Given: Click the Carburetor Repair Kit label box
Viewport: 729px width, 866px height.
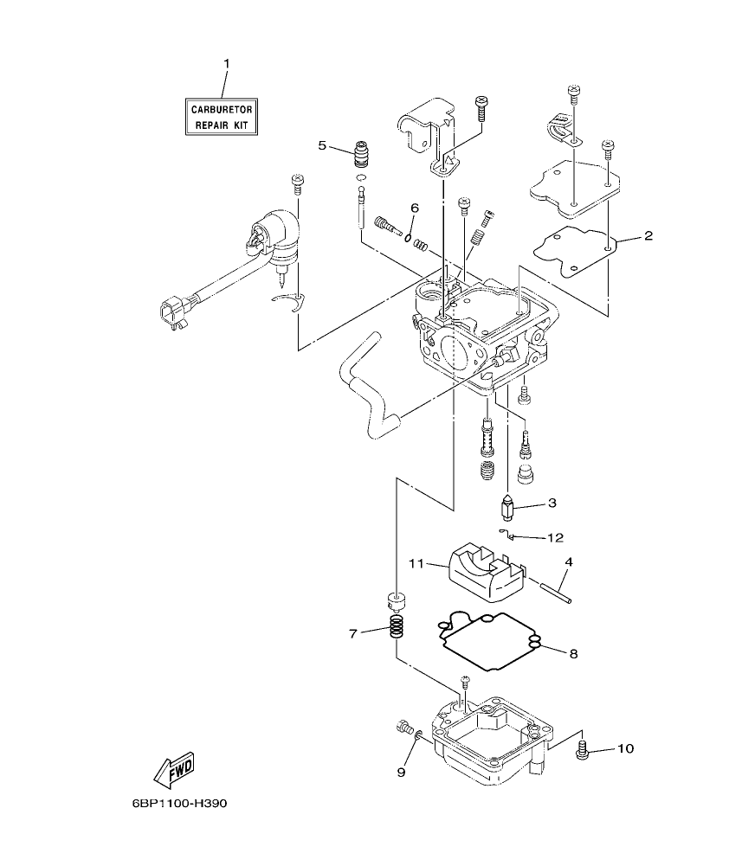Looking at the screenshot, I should click(x=223, y=117).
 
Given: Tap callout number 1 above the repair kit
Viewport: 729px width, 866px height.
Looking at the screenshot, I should click(x=226, y=63).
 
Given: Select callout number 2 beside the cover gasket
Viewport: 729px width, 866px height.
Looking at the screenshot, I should click(x=647, y=235).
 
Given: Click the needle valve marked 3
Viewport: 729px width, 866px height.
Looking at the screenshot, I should click(x=508, y=505).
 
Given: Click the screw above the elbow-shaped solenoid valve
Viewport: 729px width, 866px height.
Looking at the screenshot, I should click(x=297, y=183).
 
